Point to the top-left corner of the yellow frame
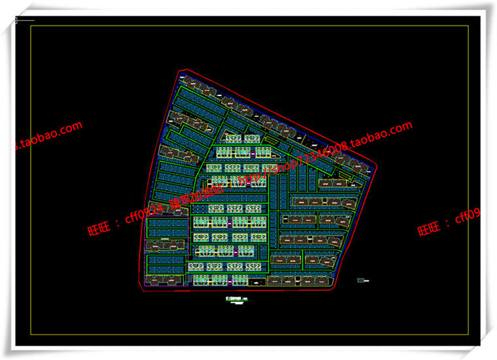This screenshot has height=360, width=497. pos(31,26)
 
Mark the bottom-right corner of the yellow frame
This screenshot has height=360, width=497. pos(469,335)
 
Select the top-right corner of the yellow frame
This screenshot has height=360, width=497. pos(469,26)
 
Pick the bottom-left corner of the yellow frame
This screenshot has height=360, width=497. pos(31,335)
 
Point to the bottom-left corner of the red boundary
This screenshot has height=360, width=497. pos(139,286)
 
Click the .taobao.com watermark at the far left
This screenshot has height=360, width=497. pos(49,137)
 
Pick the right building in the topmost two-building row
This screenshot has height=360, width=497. pos(252,139)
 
